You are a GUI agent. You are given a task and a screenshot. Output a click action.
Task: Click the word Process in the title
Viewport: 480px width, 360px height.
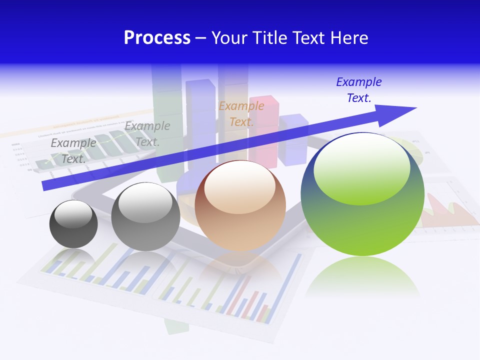pyautogui.click(x=157, y=38)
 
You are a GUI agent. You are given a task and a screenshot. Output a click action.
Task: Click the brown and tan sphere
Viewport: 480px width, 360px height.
pyautogui.click(x=240, y=220)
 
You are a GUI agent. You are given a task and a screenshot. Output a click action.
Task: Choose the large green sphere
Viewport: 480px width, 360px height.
pyautogui.click(x=362, y=220)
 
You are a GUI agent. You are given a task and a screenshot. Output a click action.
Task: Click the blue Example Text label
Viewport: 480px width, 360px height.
pyautogui.click(x=359, y=90)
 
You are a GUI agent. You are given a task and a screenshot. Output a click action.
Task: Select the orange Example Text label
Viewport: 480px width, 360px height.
pyautogui.click(x=241, y=113)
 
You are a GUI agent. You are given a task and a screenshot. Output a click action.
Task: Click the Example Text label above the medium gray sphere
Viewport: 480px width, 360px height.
pyautogui.click(x=147, y=134)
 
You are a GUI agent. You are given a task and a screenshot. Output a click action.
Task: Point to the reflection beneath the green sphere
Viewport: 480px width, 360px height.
pyautogui.click(x=362, y=277)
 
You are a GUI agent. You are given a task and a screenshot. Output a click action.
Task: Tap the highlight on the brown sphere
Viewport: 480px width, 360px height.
pyautogui.click(x=239, y=188)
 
